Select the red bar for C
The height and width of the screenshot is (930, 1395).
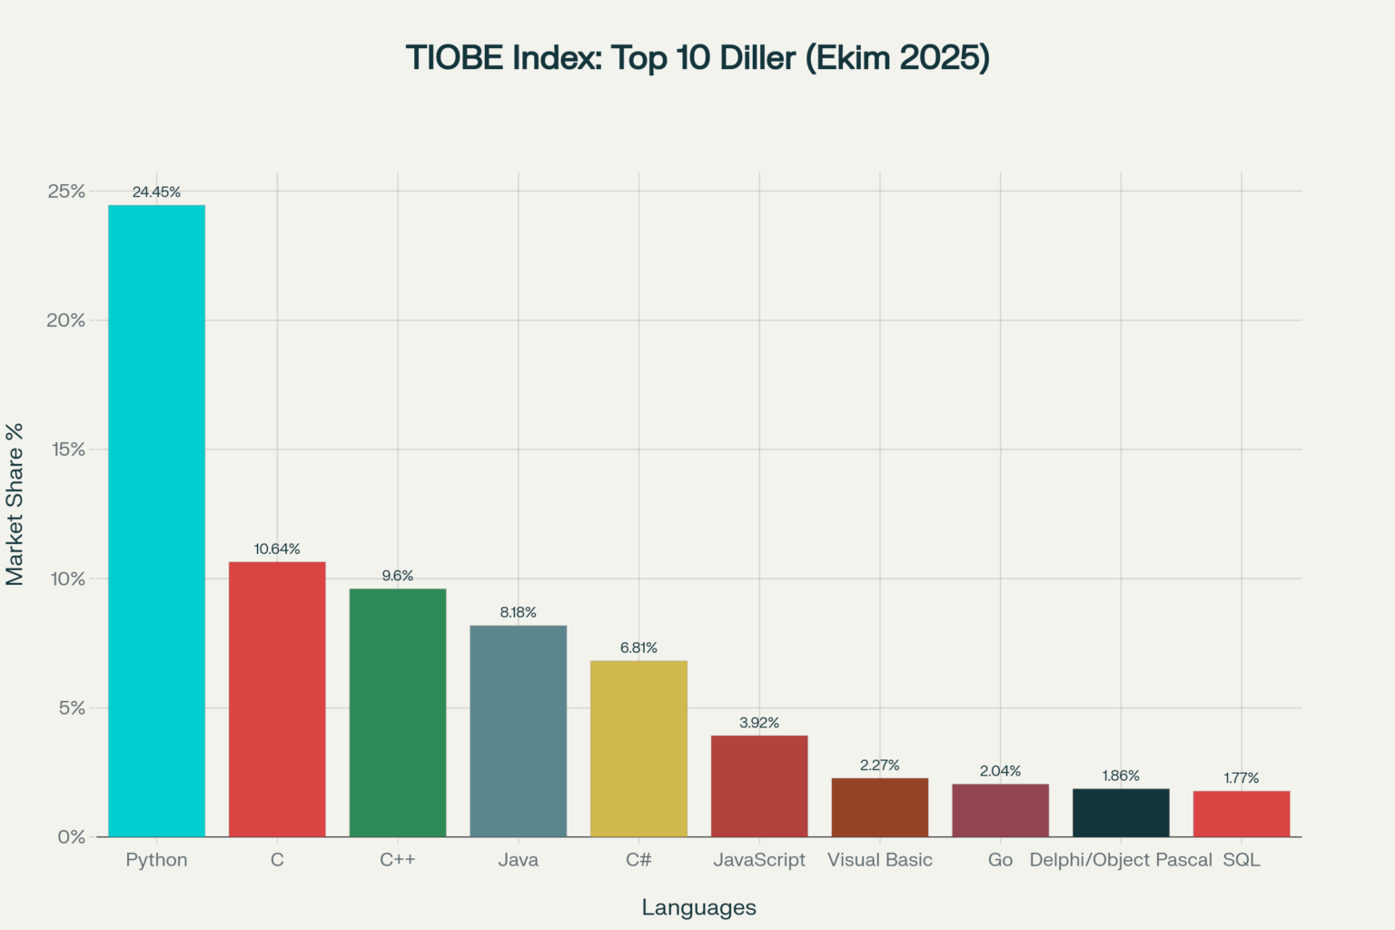coord(277,699)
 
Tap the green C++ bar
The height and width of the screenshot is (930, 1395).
coord(398,713)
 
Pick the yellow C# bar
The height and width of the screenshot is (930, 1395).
coord(638,748)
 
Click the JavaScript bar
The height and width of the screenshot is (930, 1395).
coord(759,786)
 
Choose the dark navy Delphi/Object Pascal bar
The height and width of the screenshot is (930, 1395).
coord(1121,813)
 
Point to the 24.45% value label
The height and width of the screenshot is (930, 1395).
coord(156,192)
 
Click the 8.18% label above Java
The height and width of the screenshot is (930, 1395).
coord(518,612)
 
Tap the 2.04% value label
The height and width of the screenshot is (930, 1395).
coord(1000,771)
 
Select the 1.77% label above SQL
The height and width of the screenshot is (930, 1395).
coord(1241,778)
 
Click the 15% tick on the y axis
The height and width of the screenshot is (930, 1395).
coord(65,450)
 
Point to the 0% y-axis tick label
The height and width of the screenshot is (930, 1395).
coord(71,837)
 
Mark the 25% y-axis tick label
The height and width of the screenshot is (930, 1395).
coord(65,192)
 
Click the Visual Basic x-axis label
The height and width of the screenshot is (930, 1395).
coord(879,860)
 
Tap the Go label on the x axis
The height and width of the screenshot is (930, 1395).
coord(1000,860)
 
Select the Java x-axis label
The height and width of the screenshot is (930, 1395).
coord(518,860)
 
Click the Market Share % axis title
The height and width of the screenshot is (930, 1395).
coord(15,504)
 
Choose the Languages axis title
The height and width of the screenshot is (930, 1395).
coord(698,907)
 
